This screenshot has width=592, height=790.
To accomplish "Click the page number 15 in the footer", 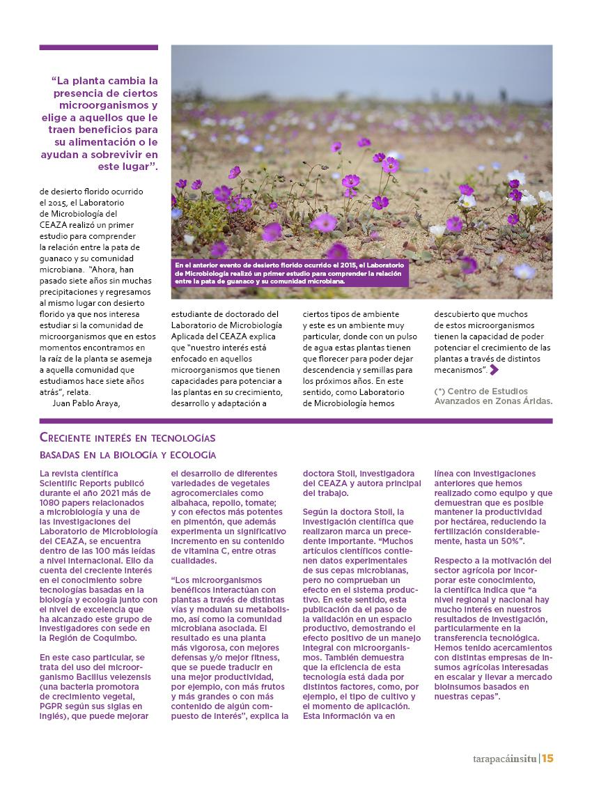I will (x=547, y=759).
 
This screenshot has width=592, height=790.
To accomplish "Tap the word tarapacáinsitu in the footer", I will (x=501, y=759).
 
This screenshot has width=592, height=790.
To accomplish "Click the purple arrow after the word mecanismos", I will (x=494, y=370).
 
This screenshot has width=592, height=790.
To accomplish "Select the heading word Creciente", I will (x=71, y=437).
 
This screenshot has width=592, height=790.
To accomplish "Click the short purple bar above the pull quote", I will (x=98, y=47).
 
